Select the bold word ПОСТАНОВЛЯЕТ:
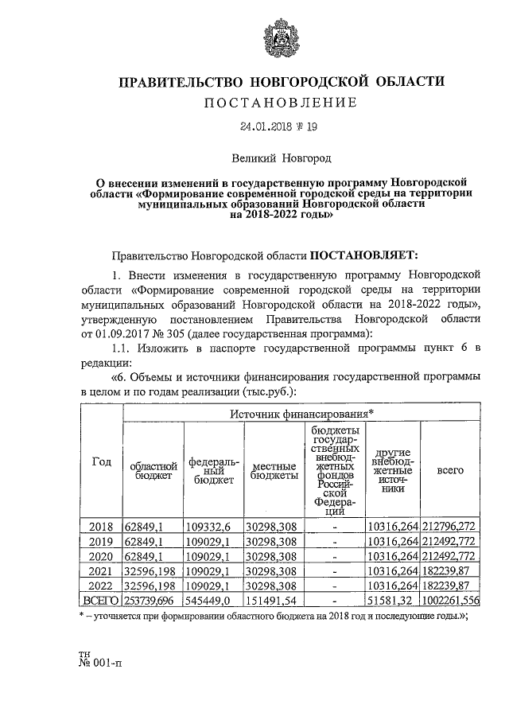coord(363,255)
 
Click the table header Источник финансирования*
coord(301,414)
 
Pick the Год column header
coord(102,464)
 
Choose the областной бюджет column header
coord(153,470)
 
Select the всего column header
coord(450,470)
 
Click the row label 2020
coord(102,556)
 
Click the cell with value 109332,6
coord(212,527)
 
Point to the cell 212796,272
coord(450,527)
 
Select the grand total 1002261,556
coord(450,599)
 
